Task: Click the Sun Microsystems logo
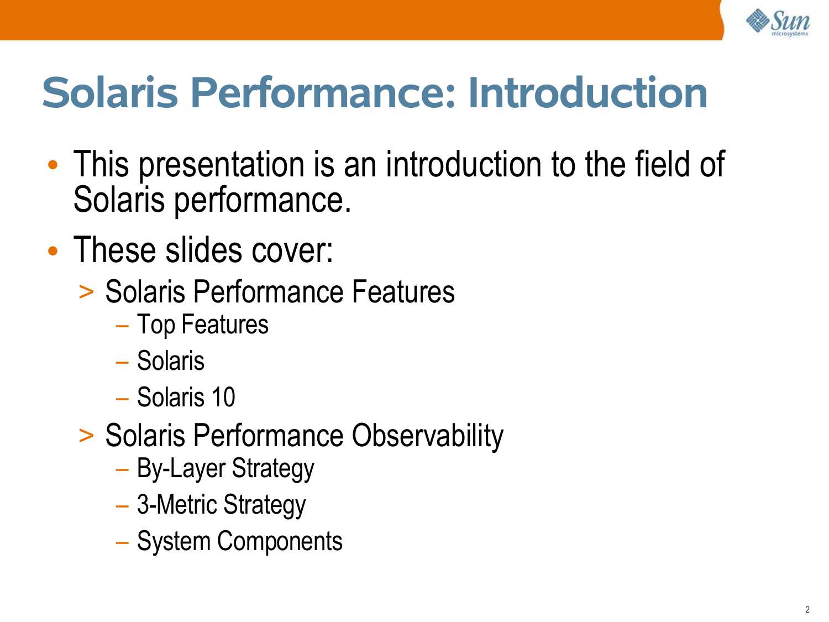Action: click(x=777, y=23)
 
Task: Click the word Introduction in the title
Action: click(x=587, y=93)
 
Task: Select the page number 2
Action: click(x=807, y=609)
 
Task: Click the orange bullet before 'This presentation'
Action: click(x=53, y=165)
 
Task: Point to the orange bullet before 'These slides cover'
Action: click(x=53, y=250)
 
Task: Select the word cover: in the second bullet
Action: click(x=292, y=250)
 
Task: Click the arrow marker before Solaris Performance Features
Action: click(x=86, y=292)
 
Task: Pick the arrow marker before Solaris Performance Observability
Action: click(x=86, y=436)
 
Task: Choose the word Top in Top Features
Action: click(x=156, y=325)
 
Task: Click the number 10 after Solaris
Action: click(x=223, y=398)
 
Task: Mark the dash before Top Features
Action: click(x=122, y=326)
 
